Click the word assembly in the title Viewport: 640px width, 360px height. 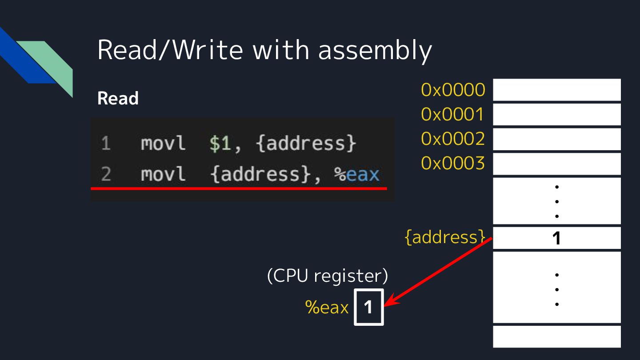(x=375, y=50)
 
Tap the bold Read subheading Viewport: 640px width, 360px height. (x=118, y=99)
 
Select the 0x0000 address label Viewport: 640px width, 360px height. (x=453, y=90)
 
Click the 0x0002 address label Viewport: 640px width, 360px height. (x=453, y=139)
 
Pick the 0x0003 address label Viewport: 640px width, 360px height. (x=453, y=164)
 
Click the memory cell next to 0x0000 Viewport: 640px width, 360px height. (x=556, y=90)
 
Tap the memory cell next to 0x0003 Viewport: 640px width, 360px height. (x=556, y=164)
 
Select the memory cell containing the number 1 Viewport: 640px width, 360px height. (x=556, y=238)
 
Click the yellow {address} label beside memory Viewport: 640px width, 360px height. (x=445, y=237)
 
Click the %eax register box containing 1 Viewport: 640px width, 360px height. (x=368, y=307)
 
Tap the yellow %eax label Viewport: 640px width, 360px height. (x=327, y=307)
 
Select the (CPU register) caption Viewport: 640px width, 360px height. (x=327, y=276)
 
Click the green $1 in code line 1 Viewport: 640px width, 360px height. (x=220, y=144)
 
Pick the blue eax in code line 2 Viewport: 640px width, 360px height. (x=363, y=174)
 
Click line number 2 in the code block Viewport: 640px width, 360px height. (x=105, y=174)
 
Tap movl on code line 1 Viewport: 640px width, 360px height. (x=163, y=144)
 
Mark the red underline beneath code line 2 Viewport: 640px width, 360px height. (x=239, y=189)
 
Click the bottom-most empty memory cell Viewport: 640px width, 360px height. (x=556, y=336)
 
